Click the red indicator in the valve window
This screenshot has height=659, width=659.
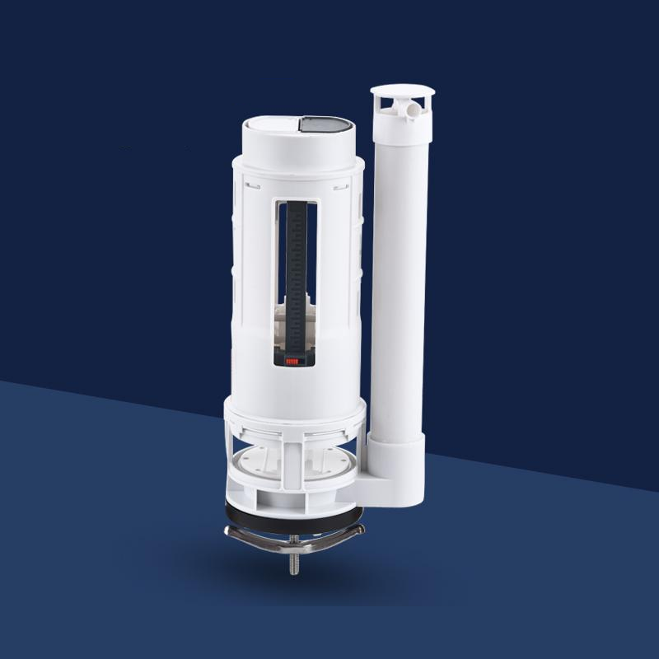tap(293, 360)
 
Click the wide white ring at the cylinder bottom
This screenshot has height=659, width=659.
tap(294, 412)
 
